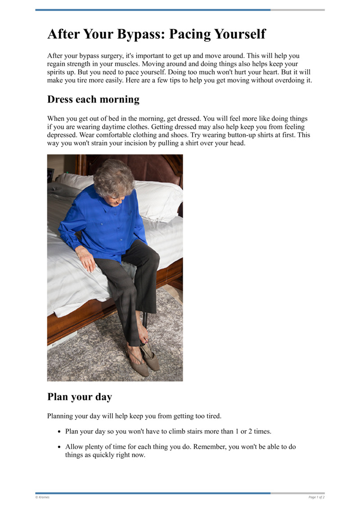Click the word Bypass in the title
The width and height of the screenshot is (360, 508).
(x=138, y=35)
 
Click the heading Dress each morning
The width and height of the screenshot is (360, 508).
(x=93, y=99)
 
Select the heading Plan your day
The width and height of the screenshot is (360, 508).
(x=79, y=397)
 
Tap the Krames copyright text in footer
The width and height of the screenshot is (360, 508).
(x=43, y=497)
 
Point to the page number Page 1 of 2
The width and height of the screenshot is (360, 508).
(x=316, y=497)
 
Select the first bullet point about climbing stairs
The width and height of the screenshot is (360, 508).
(x=168, y=432)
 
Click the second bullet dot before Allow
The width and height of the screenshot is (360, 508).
(x=59, y=447)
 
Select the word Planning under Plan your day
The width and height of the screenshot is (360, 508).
(x=61, y=416)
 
